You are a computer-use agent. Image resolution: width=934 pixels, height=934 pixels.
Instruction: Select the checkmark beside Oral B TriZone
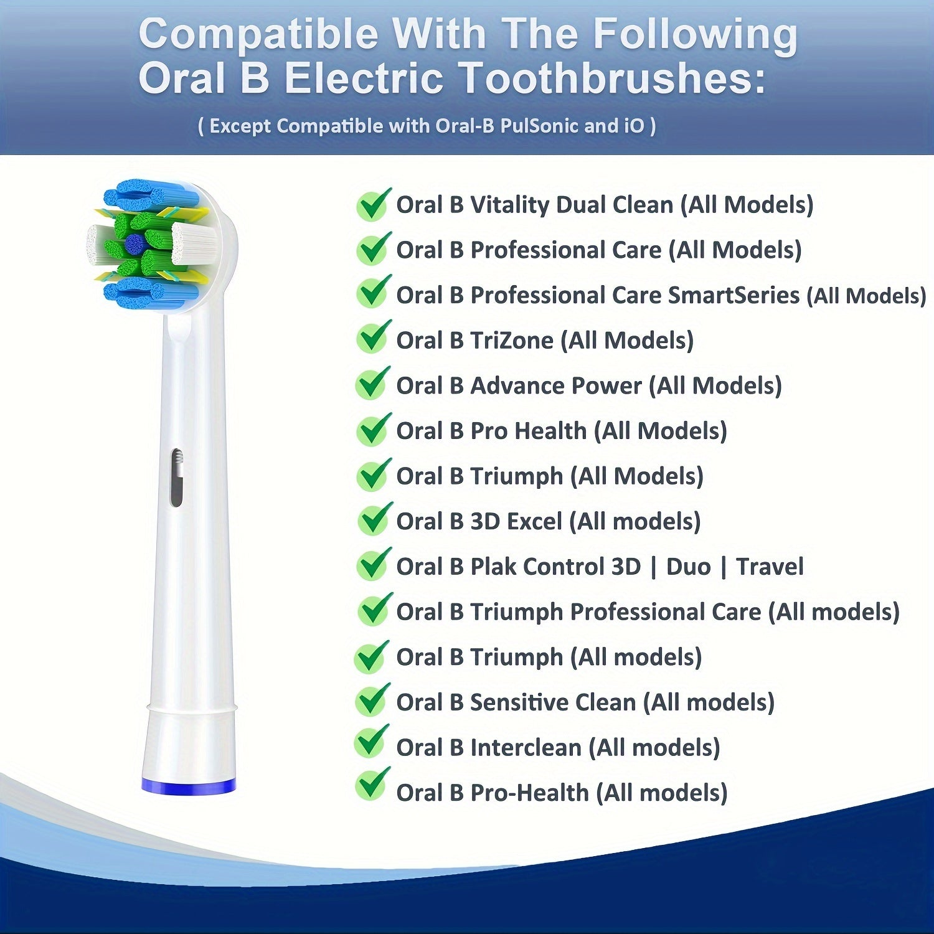pyautogui.click(x=374, y=337)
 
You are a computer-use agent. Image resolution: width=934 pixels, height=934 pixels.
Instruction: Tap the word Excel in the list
pyautogui.click(x=534, y=521)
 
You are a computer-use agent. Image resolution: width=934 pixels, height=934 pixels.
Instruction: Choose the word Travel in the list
pyautogui.click(x=770, y=567)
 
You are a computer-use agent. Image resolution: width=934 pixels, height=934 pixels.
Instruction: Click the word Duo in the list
pyautogui.click(x=688, y=567)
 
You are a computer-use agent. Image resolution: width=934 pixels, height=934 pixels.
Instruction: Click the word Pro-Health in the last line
pyautogui.click(x=529, y=793)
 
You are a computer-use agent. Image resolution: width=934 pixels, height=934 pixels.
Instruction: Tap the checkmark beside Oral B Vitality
pyautogui.click(x=374, y=204)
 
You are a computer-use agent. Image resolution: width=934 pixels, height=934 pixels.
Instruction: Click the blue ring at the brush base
pyautogui.click(x=188, y=786)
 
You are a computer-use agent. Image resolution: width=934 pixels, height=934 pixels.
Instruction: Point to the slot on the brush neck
pyautogui.click(x=177, y=477)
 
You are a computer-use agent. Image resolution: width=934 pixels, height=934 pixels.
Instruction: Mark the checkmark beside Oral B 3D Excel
pyautogui.click(x=374, y=518)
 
